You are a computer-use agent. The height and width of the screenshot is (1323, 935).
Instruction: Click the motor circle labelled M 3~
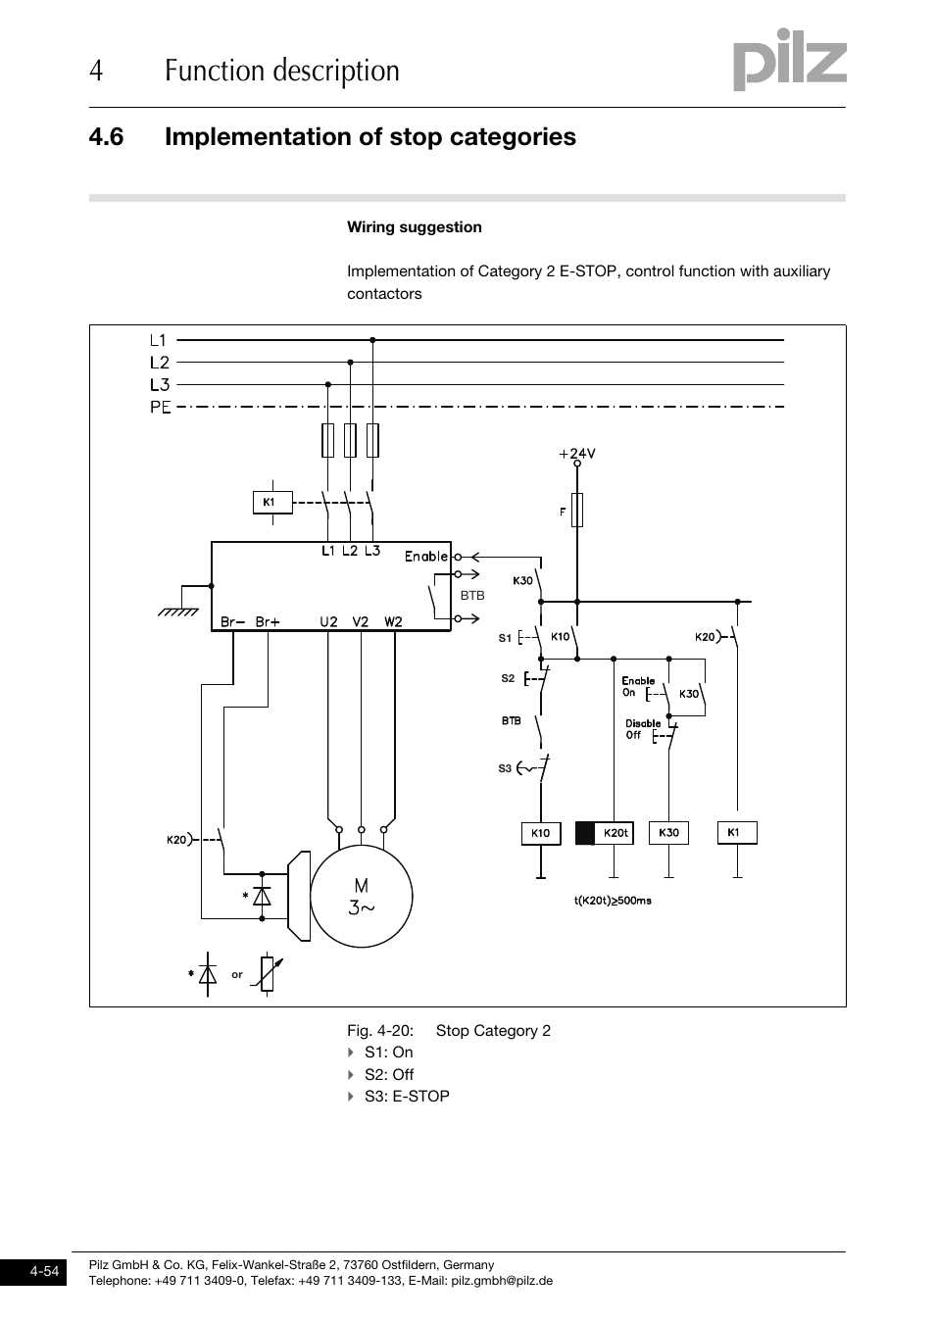361,897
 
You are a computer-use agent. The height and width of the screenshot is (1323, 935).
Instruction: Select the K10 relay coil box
540,833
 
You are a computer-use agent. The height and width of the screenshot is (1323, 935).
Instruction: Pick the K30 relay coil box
668,833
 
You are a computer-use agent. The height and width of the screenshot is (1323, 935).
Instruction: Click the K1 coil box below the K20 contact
736,833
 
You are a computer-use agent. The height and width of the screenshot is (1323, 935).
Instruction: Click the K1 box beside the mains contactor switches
270,503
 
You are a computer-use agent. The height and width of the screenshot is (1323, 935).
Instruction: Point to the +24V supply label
577,454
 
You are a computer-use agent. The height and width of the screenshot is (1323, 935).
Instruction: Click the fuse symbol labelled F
577,511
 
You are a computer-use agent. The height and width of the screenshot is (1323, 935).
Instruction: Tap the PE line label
161,407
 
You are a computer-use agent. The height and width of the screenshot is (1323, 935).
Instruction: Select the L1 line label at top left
159,341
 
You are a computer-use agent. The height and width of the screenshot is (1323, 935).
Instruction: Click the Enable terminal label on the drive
426,557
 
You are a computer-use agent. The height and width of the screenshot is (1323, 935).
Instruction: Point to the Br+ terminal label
268,621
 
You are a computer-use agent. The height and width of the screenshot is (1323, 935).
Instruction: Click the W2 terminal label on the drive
393,621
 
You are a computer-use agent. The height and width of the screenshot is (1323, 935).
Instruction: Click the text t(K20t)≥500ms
613,900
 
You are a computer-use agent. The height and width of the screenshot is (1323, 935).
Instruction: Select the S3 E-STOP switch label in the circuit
505,768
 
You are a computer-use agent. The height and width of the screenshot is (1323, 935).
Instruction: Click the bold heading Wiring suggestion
415,227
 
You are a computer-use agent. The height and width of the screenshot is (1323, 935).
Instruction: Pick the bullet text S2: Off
389,1074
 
